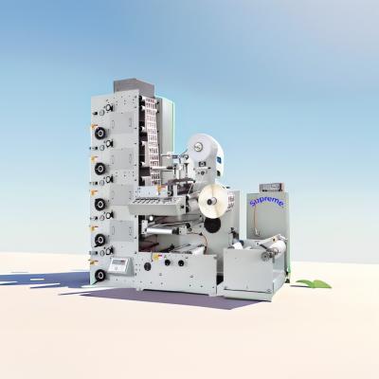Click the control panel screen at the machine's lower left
point(119,262)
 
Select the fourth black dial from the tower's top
point(99,240)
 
